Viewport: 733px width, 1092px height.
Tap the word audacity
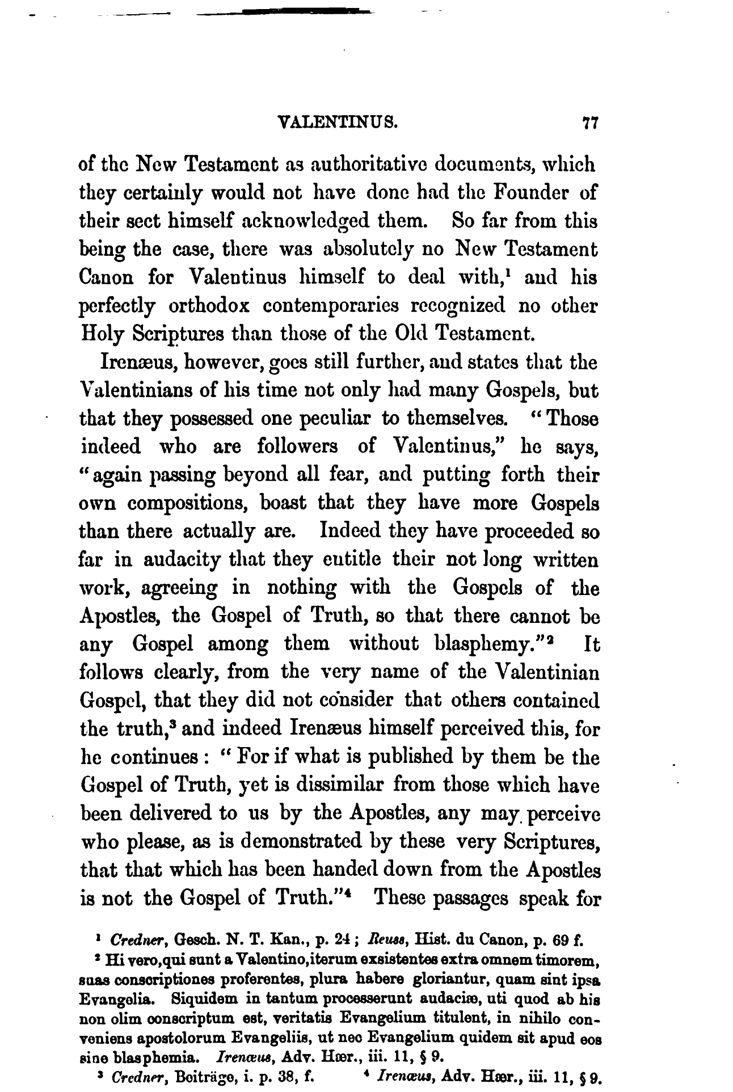[x=183, y=560]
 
